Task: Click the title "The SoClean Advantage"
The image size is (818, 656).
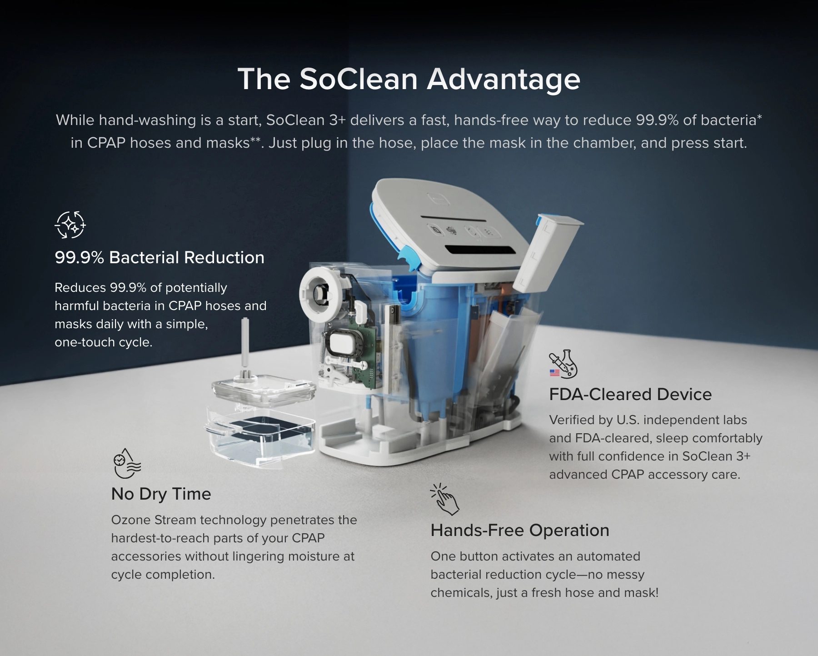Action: click(409, 79)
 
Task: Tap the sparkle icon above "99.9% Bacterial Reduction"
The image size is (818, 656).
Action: click(70, 225)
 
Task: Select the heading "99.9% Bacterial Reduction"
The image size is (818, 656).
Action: click(160, 258)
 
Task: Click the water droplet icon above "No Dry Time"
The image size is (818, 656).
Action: click(127, 464)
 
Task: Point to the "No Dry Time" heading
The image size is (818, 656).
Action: click(161, 494)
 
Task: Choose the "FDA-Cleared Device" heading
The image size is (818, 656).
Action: click(630, 395)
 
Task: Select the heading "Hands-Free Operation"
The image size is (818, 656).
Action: click(520, 531)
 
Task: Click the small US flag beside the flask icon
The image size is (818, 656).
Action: click(554, 373)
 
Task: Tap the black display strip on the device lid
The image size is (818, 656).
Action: click(480, 250)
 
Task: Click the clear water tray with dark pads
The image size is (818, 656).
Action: click(260, 436)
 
